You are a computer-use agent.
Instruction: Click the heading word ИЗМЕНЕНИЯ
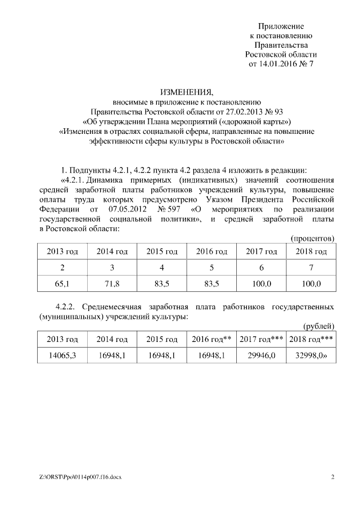(186, 91)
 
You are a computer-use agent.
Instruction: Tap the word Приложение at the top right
(281, 26)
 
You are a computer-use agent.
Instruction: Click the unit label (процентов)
(312, 238)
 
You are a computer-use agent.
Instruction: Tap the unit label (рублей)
(319, 326)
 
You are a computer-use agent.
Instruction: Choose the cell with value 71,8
(112, 283)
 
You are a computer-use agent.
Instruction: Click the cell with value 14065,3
(62, 355)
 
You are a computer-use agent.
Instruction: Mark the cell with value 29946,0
(262, 355)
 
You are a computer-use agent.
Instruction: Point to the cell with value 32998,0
(311, 355)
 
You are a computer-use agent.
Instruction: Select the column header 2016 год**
(212, 339)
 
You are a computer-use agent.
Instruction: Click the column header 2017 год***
(262, 339)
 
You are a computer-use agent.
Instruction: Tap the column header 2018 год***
(311, 339)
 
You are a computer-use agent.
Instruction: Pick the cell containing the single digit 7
(311, 268)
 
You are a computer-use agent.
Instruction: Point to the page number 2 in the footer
(332, 478)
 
